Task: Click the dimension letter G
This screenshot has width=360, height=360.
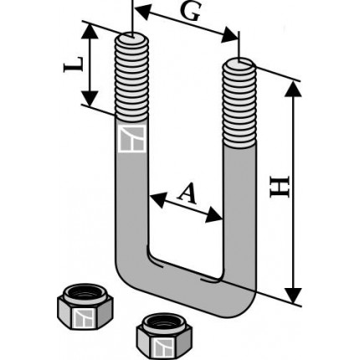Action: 191,12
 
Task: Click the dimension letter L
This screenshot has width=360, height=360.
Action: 73,64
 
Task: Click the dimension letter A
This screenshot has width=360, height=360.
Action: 187,193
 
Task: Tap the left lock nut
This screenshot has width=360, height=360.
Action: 85,306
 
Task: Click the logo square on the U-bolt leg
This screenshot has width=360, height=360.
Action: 132,138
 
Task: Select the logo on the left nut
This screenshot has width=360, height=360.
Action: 83,317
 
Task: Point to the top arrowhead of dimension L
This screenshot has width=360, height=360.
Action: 90,31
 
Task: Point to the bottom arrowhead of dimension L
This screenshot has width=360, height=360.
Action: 90,98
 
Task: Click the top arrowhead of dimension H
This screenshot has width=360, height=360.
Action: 293,90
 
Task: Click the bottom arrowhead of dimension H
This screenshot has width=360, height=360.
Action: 293,296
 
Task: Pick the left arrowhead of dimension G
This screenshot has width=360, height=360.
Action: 143,12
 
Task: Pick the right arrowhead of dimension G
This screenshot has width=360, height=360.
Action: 229,35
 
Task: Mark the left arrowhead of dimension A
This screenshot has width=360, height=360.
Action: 157,199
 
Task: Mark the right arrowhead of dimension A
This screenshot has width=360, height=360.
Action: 214,215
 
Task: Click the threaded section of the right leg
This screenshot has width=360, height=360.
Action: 239,104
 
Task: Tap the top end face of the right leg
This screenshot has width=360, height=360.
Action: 239,63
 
